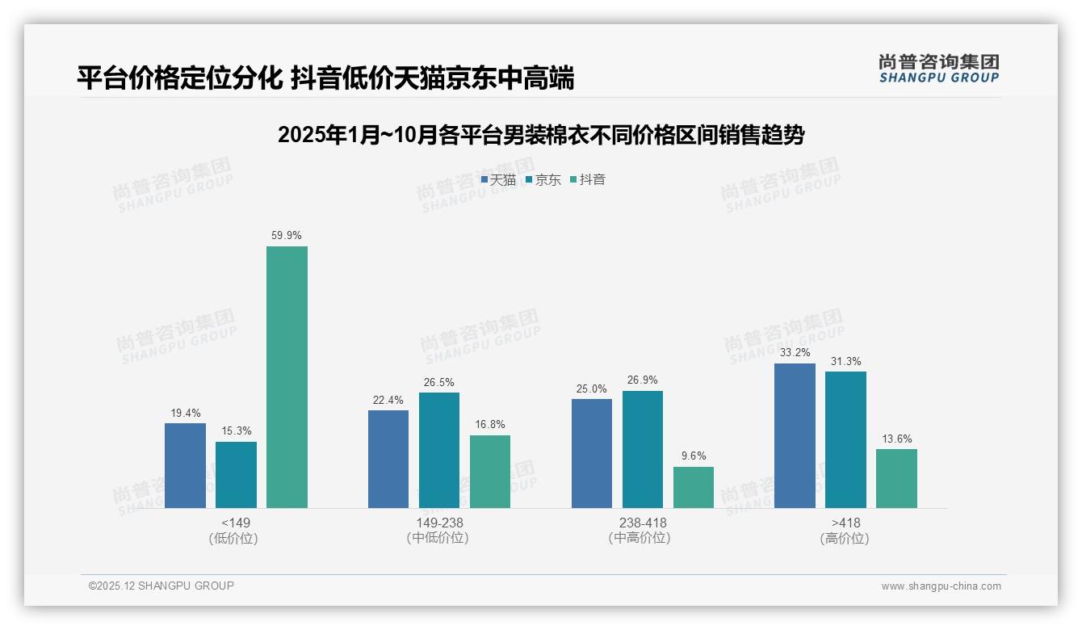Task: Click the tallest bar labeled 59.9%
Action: (x=287, y=376)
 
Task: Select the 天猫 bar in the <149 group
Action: (x=185, y=465)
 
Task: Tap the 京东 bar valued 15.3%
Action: (x=236, y=474)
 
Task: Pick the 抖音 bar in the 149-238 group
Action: (x=490, y=471)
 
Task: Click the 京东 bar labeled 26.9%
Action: (x=643, y=449)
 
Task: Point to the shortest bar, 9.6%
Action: (x=694, y=487)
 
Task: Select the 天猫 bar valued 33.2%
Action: (x=795, y=435)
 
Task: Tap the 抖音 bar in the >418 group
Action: (x=896, y=478)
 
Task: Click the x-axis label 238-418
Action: (x=643, y=523)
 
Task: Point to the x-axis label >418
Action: (x=845, y=523)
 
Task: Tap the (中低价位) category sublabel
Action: (x=438, y=538)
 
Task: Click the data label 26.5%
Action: (x=438, y=382)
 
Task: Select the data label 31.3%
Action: (x=845, y=361)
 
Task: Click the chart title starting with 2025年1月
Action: (x=541, y=136)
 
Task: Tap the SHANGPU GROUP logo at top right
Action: (x=938, y=69)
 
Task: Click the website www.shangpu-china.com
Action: (x=941, y=586)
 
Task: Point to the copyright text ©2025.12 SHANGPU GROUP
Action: (x=161, y=586)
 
